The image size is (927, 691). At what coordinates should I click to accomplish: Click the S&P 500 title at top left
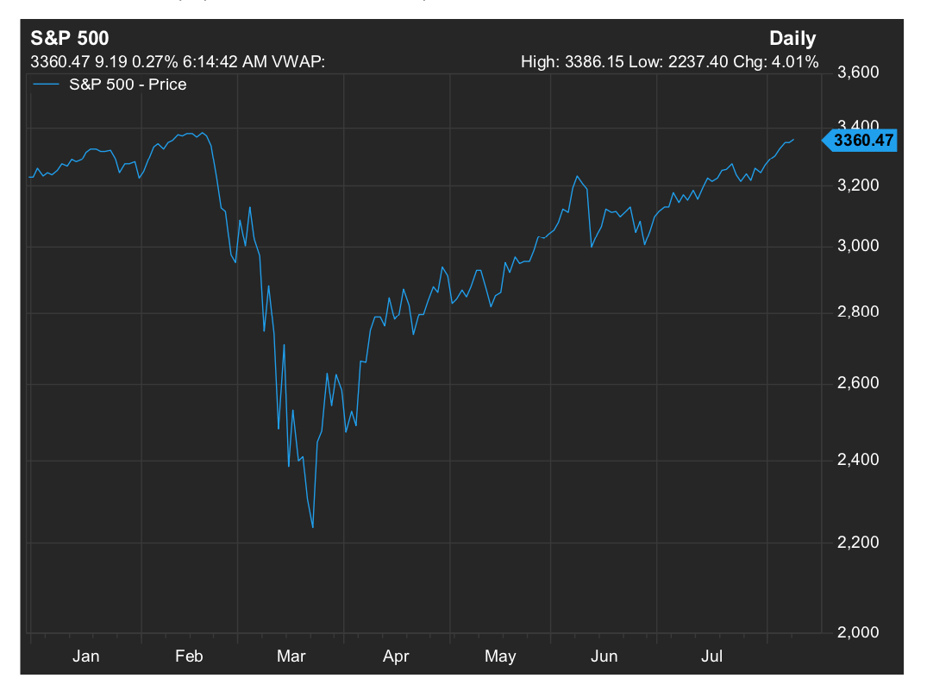coord(70,39)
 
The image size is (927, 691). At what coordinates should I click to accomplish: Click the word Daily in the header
coord(792,39)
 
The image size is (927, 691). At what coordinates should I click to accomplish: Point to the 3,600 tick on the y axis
coord(858,72)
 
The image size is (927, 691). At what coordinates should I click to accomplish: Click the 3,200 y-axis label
coord(858,185)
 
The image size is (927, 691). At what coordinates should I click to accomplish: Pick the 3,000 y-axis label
coord(858,247)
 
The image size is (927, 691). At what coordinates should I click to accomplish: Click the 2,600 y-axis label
coord(858,383)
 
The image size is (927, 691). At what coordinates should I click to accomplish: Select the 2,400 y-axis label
coord(858,460)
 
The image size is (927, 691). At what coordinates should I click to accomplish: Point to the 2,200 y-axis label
coord(858,543)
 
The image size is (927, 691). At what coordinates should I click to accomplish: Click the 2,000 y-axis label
coord(858,632)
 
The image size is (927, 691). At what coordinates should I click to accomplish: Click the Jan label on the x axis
coord(86,656)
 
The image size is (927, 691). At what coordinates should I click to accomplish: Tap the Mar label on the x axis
coord(291,656)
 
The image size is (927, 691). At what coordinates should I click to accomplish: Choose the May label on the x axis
coord(500,656)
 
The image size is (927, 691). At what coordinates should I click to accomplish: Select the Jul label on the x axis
coord(711,656)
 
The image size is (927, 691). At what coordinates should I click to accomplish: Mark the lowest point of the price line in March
coord(312,528)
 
